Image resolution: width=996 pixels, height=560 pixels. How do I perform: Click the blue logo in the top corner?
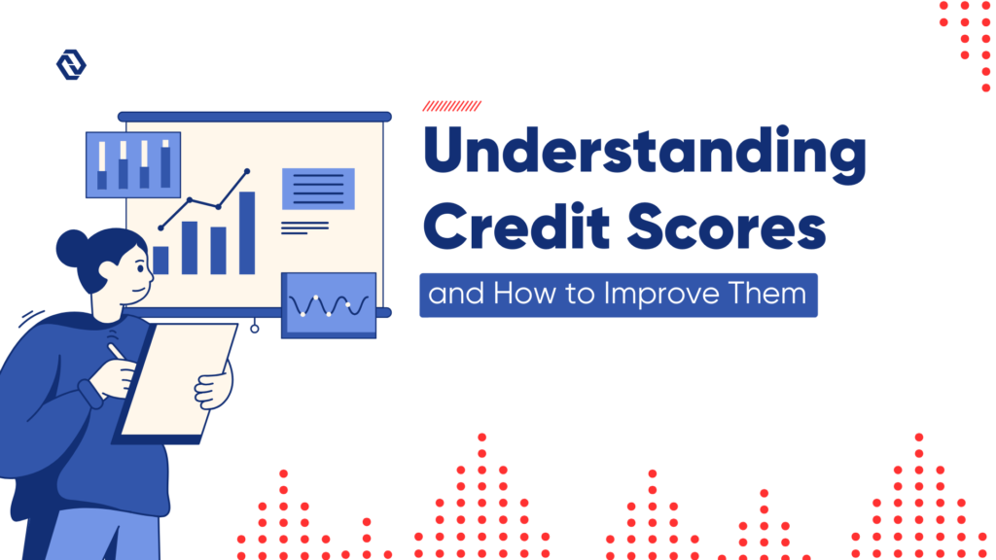71,65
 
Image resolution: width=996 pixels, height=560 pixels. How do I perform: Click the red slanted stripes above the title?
451,106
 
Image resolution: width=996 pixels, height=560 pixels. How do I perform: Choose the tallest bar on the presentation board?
247,233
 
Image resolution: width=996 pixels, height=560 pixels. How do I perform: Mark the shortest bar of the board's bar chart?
161,261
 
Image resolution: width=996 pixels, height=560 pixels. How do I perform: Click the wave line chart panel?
328,305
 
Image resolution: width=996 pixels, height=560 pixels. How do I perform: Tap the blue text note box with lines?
318,189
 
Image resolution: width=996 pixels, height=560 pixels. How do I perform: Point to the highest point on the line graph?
247,171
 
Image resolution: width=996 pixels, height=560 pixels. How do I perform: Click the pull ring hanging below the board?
255,329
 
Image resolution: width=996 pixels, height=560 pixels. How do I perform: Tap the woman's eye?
137,265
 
